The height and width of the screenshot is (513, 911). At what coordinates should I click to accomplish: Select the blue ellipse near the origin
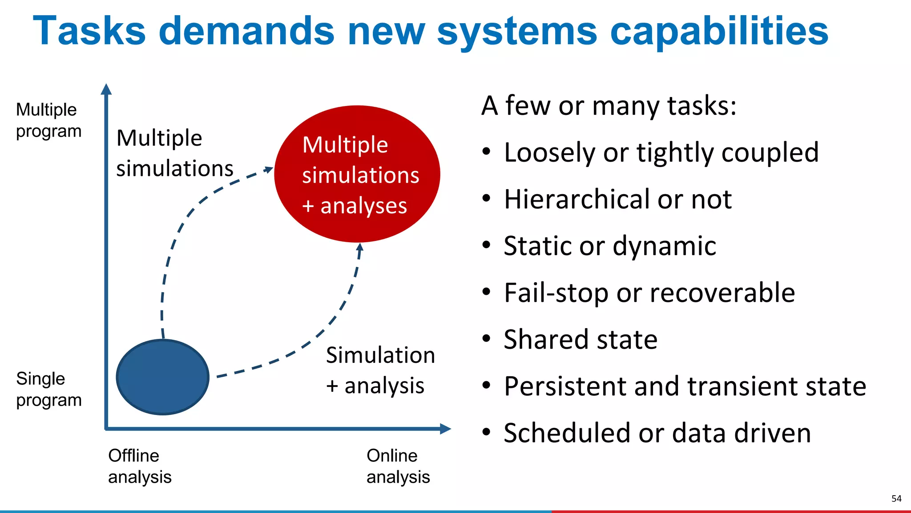click(163, 377)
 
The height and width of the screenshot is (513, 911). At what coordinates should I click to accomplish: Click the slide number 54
click(896, 499)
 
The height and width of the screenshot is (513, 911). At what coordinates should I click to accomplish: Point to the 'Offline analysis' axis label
click(139, 466)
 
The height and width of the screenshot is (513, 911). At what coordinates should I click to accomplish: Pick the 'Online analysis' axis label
click(398, 466)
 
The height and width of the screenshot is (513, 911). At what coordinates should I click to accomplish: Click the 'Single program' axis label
click(48, 389)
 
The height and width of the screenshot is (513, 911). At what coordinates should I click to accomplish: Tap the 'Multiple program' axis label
click(48, 120)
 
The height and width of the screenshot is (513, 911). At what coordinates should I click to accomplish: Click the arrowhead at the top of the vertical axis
click(106, 89)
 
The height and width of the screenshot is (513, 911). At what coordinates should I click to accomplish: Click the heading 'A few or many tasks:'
click(609, 106)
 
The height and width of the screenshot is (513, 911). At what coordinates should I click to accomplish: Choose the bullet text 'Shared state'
click(580, 339)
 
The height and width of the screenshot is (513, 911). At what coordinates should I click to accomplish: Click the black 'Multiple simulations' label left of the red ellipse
click(174, 153)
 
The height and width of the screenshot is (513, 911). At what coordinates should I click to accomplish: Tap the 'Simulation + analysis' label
click(380, 370)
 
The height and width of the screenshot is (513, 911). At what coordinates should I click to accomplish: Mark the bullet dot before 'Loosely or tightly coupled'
click(487, 152)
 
